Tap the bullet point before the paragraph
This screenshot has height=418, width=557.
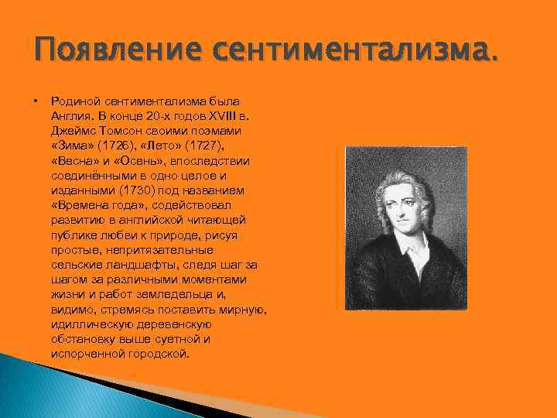36,101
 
